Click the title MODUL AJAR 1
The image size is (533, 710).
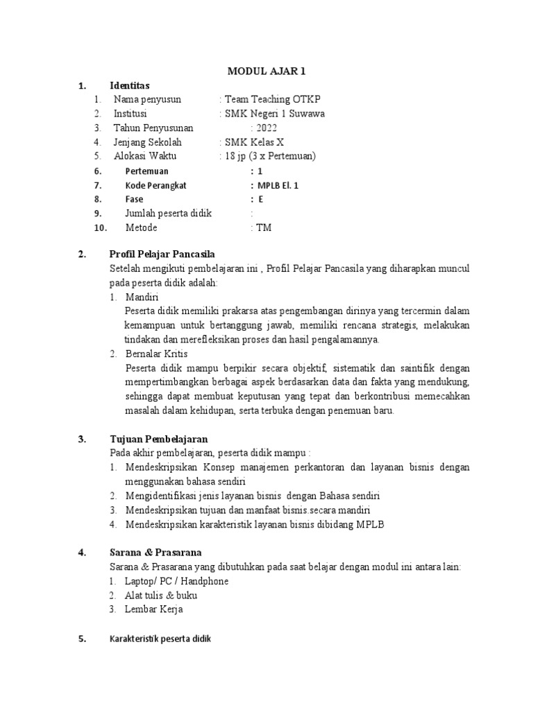[x=267, y=71]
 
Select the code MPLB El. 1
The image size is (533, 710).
[x=278, y=185]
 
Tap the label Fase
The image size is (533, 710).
[x=134, y=200]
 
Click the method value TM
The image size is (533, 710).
[x=264, y=227]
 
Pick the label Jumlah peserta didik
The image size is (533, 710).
[x=168, y=214]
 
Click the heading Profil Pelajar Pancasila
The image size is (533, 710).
[x=167, y=254]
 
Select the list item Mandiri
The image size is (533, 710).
[x=142, y=297]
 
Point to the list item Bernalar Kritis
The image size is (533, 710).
[x=155, y=354]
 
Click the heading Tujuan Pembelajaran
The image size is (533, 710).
[x=158, y=439]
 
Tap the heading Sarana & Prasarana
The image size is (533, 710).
[x=155, y=553]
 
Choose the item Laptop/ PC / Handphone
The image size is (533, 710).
[x=176, y=581]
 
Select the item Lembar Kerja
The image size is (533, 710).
[x=153, y=609]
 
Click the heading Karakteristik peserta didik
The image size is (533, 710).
[x=160, y=639]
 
